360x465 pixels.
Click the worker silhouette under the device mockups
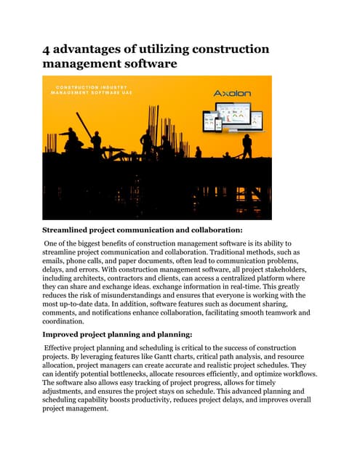[x=247, y=145]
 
